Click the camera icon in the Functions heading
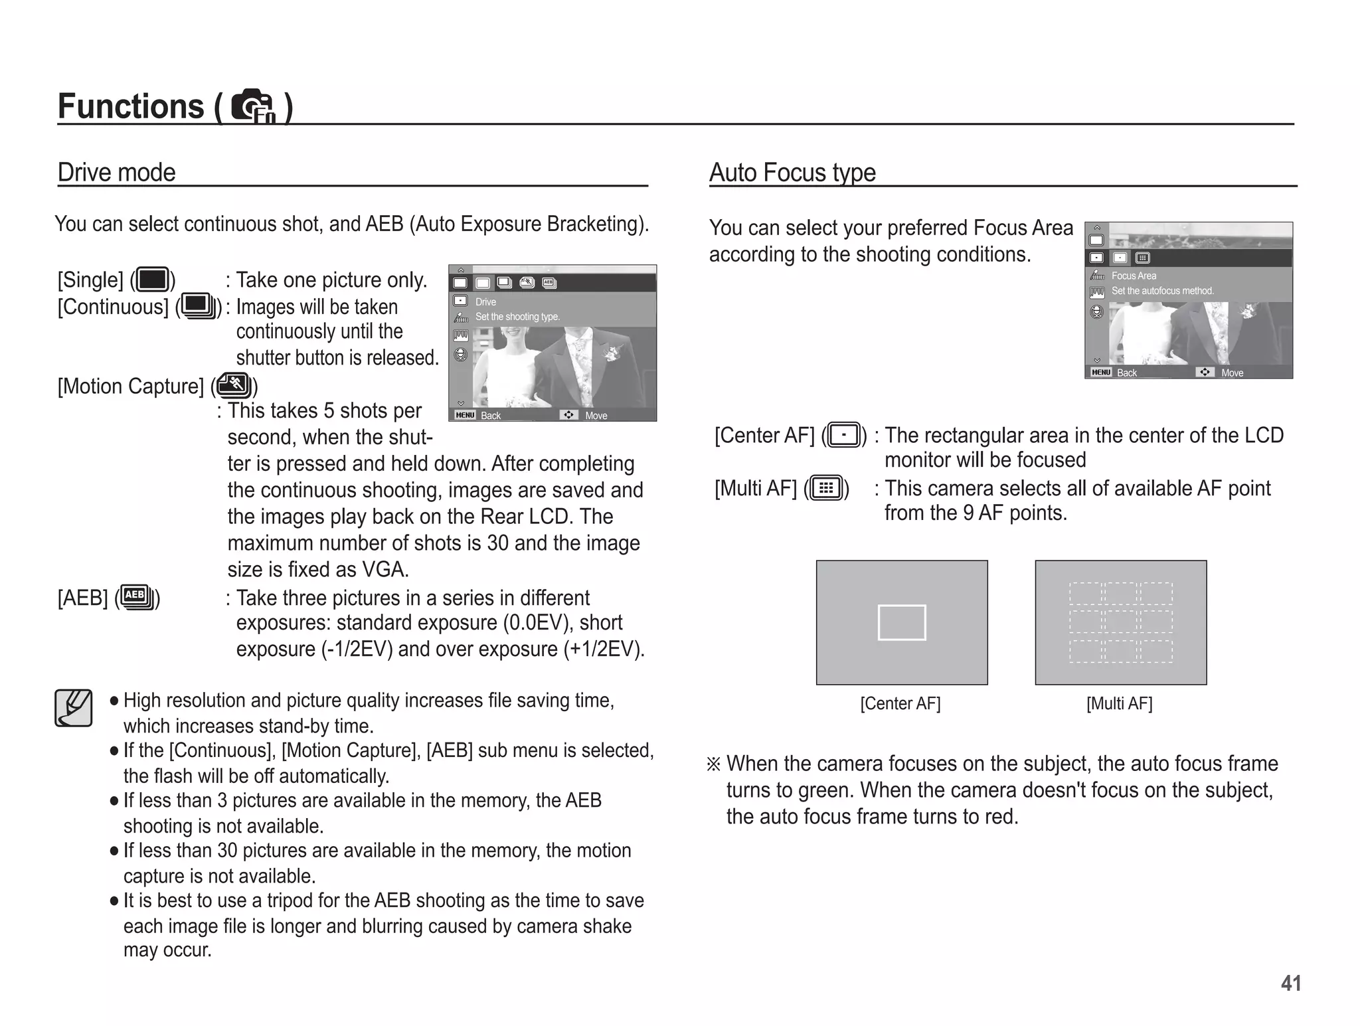tap(252, 106)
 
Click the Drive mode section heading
tap(116, 173)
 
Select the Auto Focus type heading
tap(792, 173)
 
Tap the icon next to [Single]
tap(153, 280)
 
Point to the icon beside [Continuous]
tap(198, 306)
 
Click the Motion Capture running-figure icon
tap(234, 385)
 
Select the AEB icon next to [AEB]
tap(137, 596)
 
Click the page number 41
tap(1290, 983)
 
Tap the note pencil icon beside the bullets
tap(73, 708)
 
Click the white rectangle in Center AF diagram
tap(901, 622)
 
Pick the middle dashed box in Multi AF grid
tap(1120, 622)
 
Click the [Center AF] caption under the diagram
tap(900, 703)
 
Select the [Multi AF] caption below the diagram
tap(1119, 703)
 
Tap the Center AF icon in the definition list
tap(844, 436)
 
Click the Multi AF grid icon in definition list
tap(826, 489)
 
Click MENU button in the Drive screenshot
tap(465, 415)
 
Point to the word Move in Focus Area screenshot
tap(1232, 373)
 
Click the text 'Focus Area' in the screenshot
tap(1134, 276)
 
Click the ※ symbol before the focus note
tap(713, 764)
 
